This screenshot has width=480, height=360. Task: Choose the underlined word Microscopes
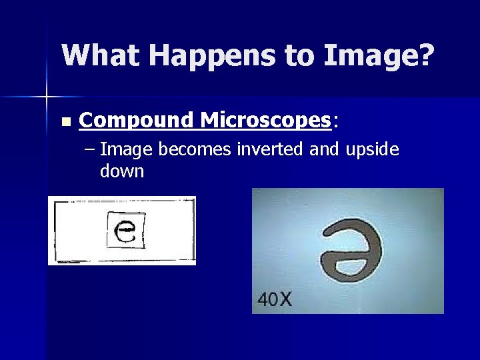point(265,120)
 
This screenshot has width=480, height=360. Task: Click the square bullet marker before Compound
point(65,122)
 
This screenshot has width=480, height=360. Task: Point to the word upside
point(371,149)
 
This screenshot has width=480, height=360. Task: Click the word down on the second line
point(122,171)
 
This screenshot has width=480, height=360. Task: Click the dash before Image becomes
point(91,150)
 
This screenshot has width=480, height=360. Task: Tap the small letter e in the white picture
point(126,231)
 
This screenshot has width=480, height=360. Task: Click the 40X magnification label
point(275,299)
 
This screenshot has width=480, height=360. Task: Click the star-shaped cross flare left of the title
point(47,97)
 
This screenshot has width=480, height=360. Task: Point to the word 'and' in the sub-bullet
point(325,149)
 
